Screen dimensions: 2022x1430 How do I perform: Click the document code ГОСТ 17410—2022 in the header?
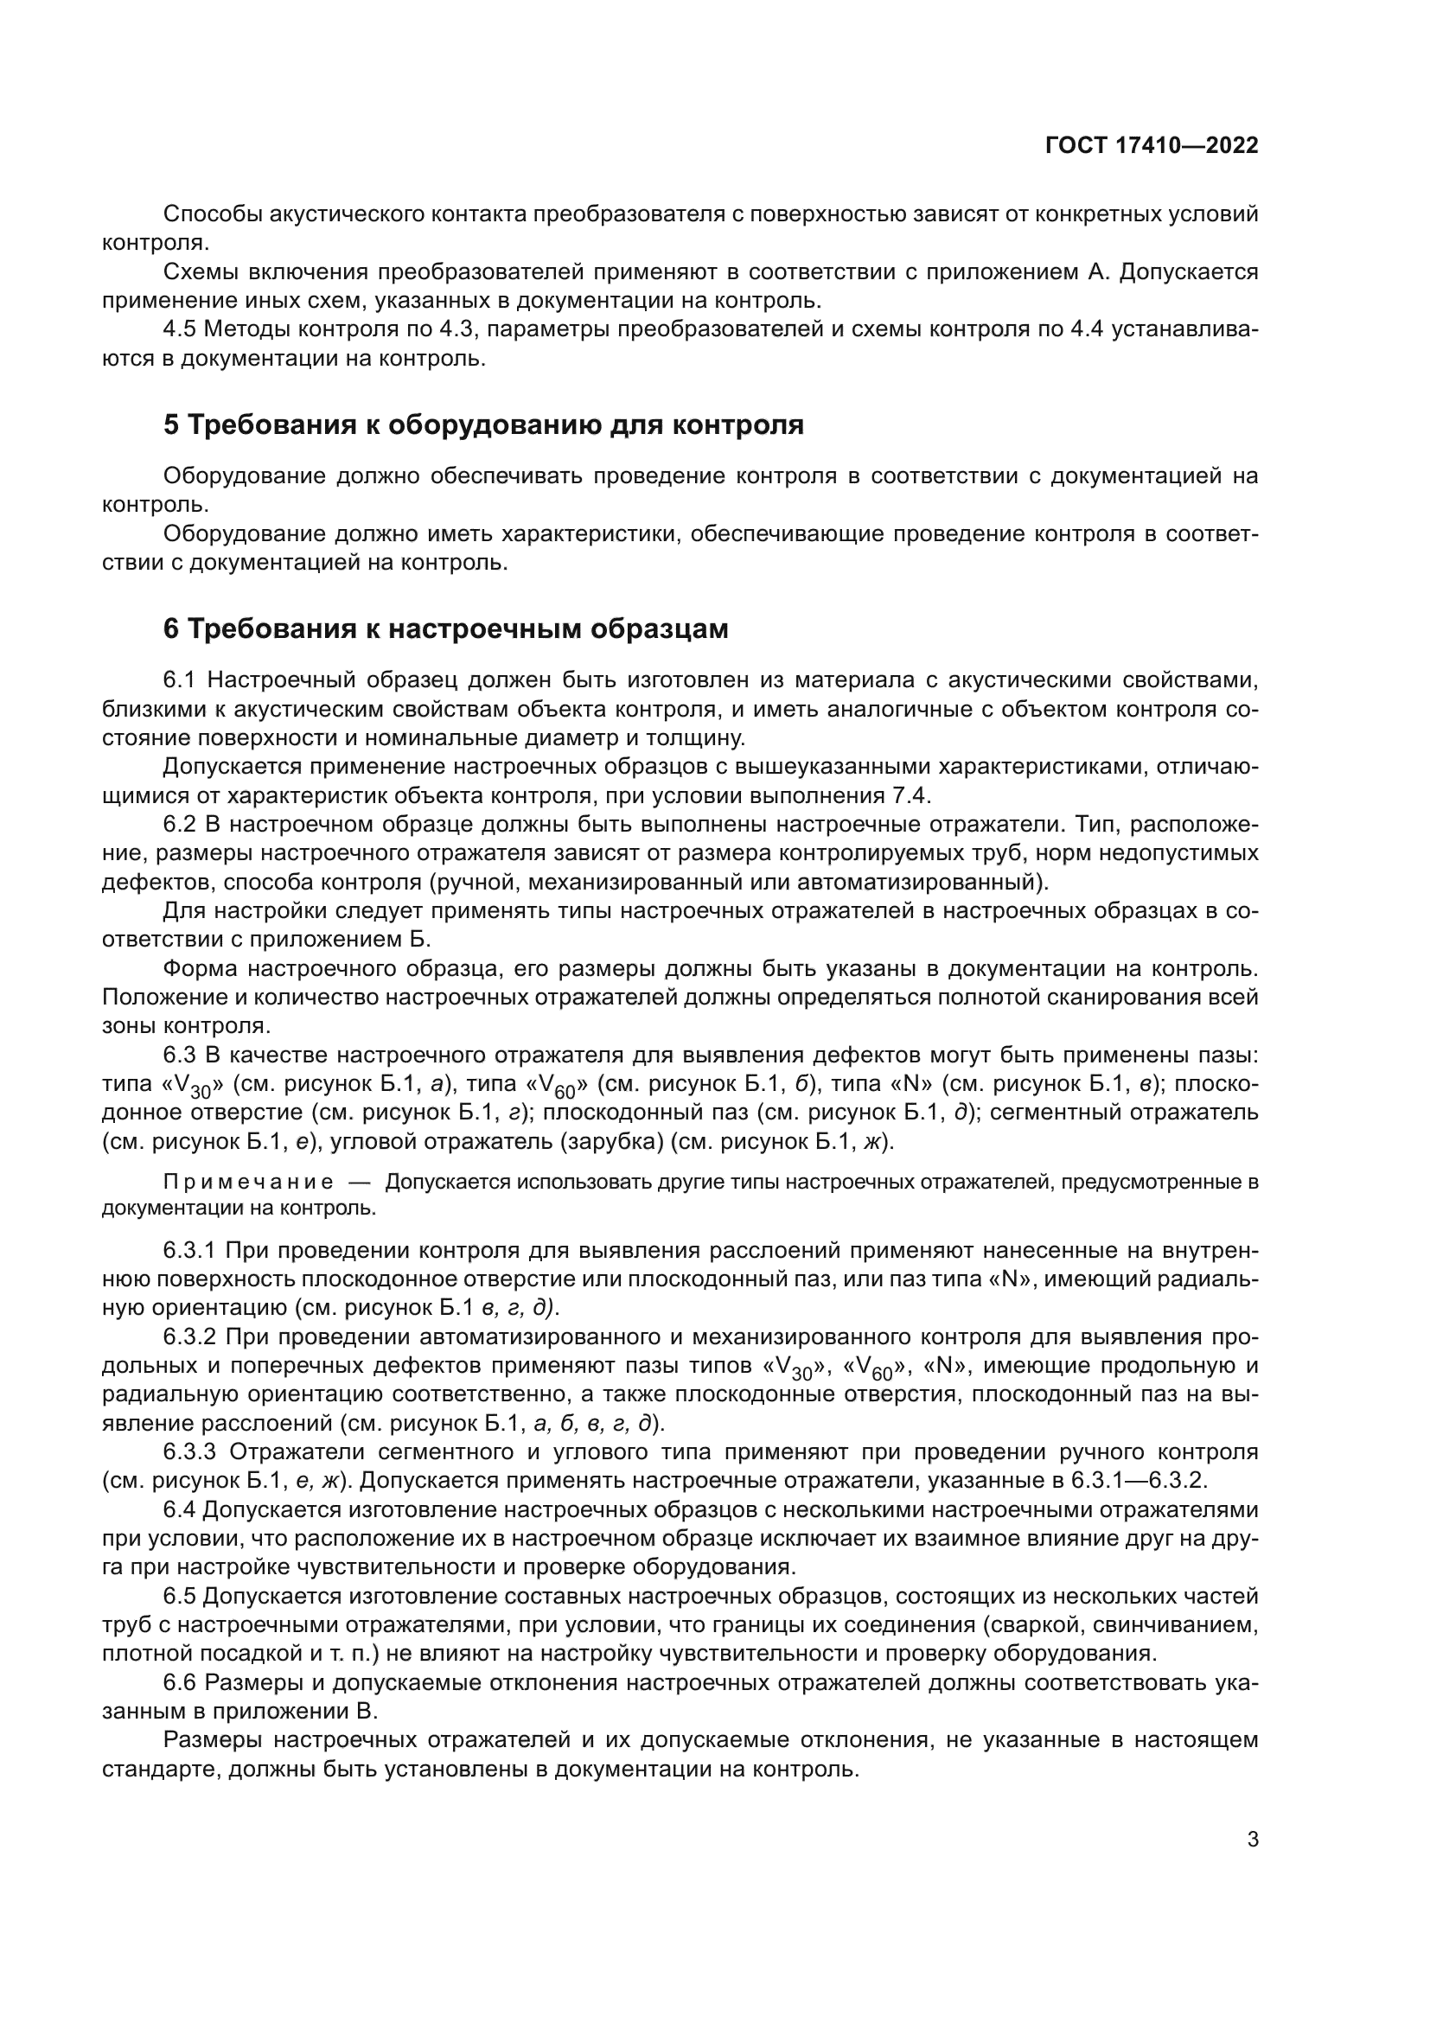tap(1151, 145)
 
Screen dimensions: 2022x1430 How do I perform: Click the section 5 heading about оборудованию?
tap(483, 424)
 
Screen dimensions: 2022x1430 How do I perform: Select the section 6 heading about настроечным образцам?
tap(445, 628)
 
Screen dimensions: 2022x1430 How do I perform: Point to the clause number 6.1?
tap(182, 679)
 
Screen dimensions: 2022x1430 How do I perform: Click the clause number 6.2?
tap(182, 825)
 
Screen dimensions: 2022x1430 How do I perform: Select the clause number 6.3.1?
tap(190, 1250)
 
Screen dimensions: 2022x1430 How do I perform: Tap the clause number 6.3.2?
tap(190, 1336)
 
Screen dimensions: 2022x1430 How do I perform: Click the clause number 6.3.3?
tap(190, 1452)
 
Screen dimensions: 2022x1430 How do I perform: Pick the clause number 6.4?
tap(181, 1510)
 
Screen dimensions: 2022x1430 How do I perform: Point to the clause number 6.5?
tap(181, 1597)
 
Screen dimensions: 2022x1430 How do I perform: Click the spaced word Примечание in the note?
tap(248, 1182)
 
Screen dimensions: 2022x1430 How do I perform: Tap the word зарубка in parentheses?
tap(628, 1142)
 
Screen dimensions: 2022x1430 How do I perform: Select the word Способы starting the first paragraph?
tap(214, 214)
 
